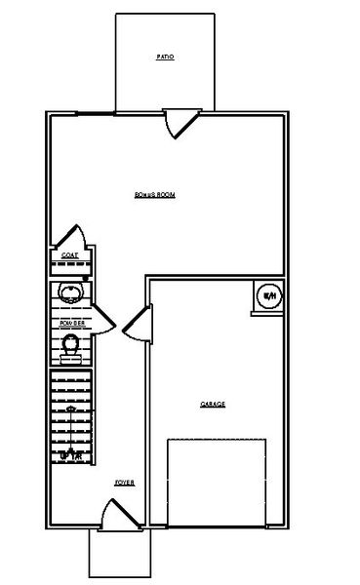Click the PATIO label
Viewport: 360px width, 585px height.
(165, 58)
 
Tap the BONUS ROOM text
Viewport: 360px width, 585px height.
(155, 196)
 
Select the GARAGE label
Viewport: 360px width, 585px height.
(213, 403)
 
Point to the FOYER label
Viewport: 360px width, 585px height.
(124, 483)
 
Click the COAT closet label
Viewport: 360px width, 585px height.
(69, 255)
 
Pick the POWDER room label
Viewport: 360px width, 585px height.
(71, 321)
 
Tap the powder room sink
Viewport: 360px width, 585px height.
(70, 292)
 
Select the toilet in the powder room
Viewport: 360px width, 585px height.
(71, 344)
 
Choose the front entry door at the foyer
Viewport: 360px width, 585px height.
(118, 515)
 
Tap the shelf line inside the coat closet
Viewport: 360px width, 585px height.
(70, 265)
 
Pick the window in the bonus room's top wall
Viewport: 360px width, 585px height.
(92, 114)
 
